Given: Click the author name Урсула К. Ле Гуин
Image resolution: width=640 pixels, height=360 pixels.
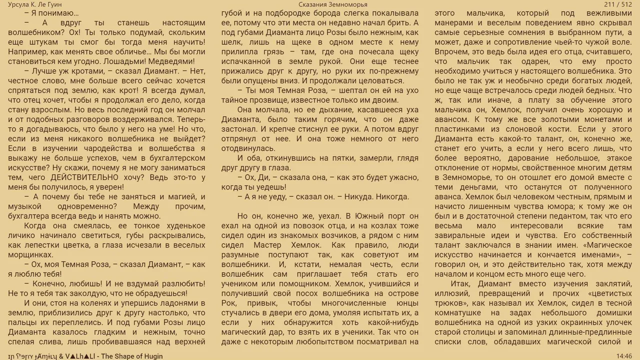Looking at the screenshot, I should pyautogui.click(x=35, y=4).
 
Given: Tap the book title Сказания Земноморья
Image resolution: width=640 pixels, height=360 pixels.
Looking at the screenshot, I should pyautogui.click(x=333, y=4).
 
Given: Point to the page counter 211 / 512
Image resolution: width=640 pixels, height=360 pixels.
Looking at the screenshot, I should pyautogui.click(x=618, y=4).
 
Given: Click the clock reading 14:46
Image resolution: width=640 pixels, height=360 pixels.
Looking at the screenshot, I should pyautogui.click(x=624, y=356).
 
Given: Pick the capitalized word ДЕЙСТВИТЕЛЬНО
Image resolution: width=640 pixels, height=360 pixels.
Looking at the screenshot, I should pyautogui.click(x=90, y=177).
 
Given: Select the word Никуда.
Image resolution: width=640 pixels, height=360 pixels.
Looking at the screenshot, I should pyautogui.click(x=355, y=196).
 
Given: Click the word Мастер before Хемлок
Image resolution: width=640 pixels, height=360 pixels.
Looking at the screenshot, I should pyautogui.click(x=267, y=245).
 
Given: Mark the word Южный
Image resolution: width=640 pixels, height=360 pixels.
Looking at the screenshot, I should pyautogui.click(x=373, y=216).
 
